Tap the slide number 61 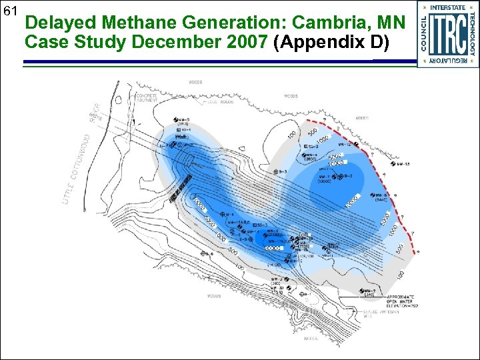[x=10, y=11]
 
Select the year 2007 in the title [x=243, y=42]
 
